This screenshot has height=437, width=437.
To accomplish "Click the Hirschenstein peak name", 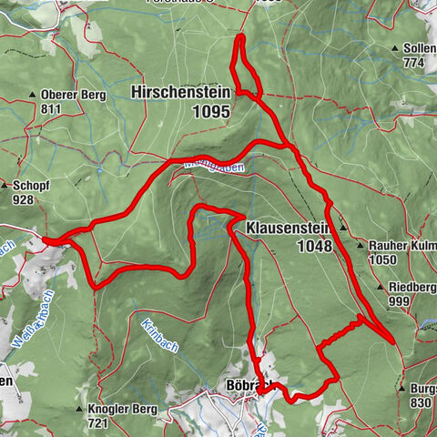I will (x=180, y=92).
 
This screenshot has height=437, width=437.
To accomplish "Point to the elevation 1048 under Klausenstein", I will (x=314, y=246).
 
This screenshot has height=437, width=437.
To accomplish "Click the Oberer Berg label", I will (x=74, y=95).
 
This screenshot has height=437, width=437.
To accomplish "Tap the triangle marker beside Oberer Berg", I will (x=34, y=95).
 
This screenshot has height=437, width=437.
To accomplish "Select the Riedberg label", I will (x=409, y=289).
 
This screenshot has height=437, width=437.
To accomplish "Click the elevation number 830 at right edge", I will (x=420, y=402).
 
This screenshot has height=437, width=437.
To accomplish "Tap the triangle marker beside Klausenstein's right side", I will (x=343, y=227).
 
